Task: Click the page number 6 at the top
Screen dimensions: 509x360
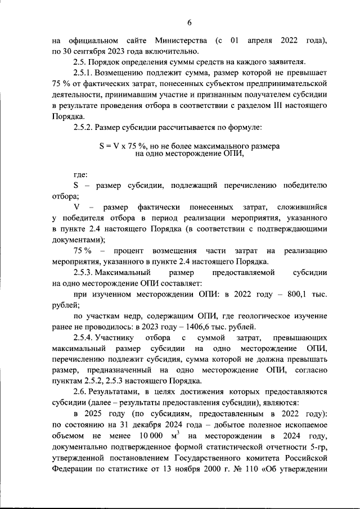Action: (x=190, y=22)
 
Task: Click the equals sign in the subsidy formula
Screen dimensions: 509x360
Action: (x=109, y=145)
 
